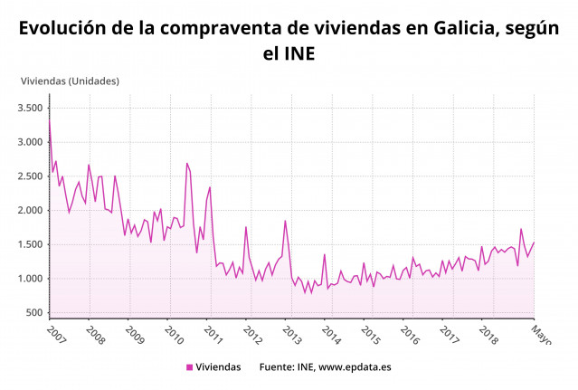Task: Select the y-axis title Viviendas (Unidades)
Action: [70, 81]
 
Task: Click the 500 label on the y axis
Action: [34, 313]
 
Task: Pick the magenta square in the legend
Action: [190, 367]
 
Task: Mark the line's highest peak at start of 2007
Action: [50, 119]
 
